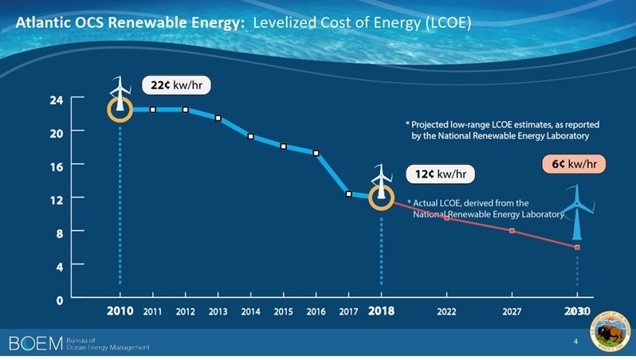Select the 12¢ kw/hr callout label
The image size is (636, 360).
441,174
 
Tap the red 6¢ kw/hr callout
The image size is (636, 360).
569,164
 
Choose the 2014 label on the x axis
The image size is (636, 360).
250,311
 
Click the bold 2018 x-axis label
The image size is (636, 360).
381,311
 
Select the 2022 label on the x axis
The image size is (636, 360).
446,311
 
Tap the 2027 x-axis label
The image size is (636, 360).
512,311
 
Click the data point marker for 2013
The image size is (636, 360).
218,118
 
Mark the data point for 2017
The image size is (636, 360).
348,194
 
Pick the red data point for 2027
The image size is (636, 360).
512,231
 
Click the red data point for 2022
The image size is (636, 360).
446,217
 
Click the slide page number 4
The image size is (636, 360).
575,342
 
